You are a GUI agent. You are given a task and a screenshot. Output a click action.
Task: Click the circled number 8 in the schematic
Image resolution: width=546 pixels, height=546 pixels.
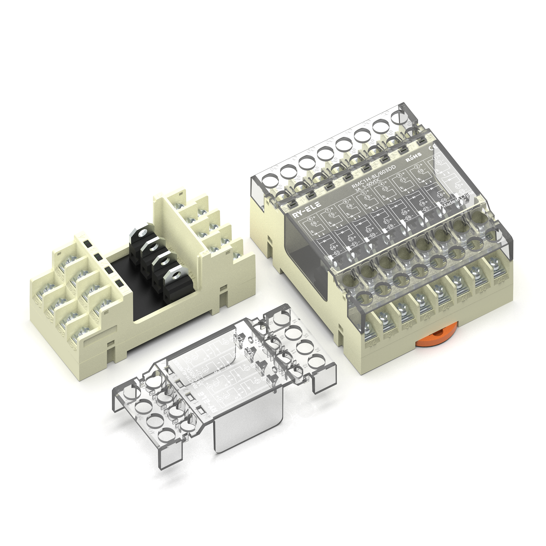(x=310, y=219)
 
